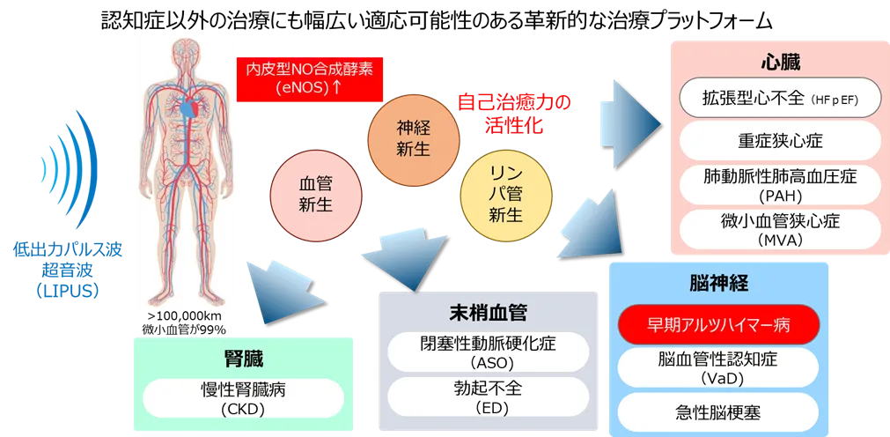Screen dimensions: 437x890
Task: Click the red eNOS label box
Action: click(309, 78)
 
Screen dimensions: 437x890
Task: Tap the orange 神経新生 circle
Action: click(412, 138)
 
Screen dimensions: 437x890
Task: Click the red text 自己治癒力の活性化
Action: click(513, 114)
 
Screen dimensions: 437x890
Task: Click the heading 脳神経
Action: click(719, 284)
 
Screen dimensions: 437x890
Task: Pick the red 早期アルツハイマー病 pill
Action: click(719, 324)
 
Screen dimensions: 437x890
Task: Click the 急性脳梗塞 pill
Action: click(719, 411)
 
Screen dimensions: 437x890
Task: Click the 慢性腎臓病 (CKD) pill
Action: click(243, 398)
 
